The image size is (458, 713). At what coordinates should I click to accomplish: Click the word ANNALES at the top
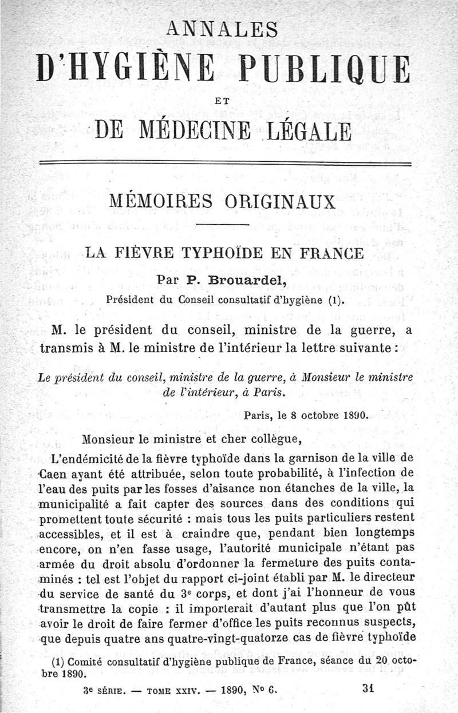point(228,29)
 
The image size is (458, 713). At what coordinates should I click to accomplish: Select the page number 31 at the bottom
point(368,689)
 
